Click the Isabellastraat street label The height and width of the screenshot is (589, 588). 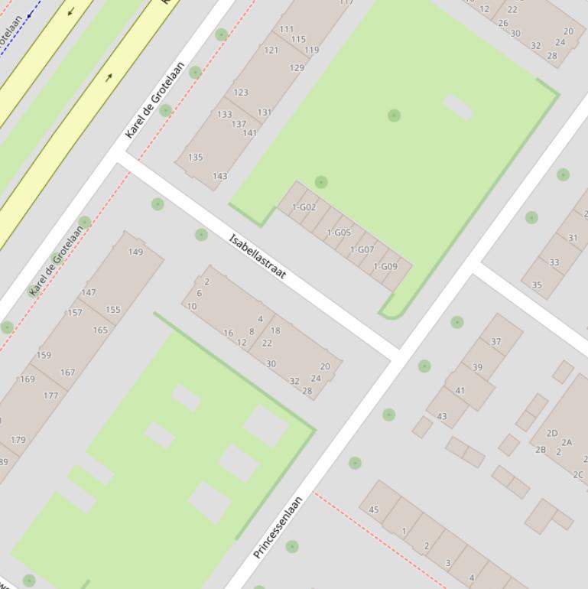click(x=258, y=256)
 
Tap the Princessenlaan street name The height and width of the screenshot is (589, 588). click(x=278, y=527)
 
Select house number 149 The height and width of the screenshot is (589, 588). click(x=135, y=252)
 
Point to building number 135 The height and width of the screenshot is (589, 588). click(x=195, y=158)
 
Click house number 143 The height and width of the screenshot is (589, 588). click(x=219, y=176)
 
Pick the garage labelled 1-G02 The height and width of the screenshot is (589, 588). click(x=304, y=207)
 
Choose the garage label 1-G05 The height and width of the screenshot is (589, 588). click(x=339, y=233)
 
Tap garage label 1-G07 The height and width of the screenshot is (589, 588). click(x=362, y=249)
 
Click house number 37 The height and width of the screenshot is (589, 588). click(x=495, y=341)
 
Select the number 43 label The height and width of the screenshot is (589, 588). click(x=442, y=416)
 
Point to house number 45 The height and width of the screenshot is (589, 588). click(x=374, y=509)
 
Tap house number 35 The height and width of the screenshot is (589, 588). click(x=537, y=285)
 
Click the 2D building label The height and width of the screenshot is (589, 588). click(x=552, y=433)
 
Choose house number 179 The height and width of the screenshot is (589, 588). click(x=18, y=440)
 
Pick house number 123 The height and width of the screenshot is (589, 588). click(x=241, y=93)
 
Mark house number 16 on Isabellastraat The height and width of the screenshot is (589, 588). click(x=229, y=333)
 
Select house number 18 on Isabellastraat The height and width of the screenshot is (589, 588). click(x=275, y=330)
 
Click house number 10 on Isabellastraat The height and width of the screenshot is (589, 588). click(x=192, y=306)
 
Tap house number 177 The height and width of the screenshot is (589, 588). click(x=50, y=395)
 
